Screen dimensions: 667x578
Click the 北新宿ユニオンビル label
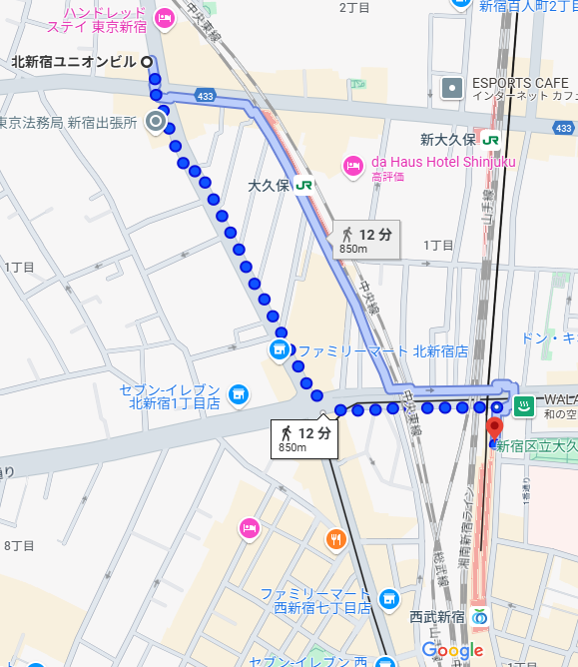coord(74,62)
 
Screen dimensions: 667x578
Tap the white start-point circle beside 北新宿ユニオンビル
coord(149,62)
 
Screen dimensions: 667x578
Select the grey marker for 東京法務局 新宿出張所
coord(156,122)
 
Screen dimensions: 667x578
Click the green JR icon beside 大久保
coord(303,185)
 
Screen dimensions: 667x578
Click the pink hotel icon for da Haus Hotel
coord(352,165)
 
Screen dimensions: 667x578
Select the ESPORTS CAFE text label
coord(520,83)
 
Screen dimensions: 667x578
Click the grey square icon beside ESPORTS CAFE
coord(452,88)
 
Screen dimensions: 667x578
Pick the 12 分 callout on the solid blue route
coord(366,239)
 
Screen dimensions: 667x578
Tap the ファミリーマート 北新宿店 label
coord(383,351)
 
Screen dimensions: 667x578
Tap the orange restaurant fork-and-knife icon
coord(335,540)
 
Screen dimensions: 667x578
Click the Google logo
coord(452,650)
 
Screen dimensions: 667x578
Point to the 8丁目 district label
coord(19,545)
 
